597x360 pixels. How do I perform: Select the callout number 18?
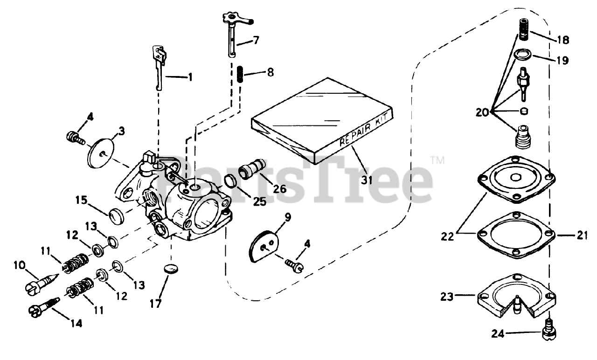tap(563, 40)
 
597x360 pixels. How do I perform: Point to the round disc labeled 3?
tap(102, 150)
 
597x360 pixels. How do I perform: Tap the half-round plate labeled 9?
tap(264, 243)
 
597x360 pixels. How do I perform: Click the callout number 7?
tap(256, 41)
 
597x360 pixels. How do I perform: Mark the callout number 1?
tap(190, 77)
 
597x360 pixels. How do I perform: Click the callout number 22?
tap(447, 236)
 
